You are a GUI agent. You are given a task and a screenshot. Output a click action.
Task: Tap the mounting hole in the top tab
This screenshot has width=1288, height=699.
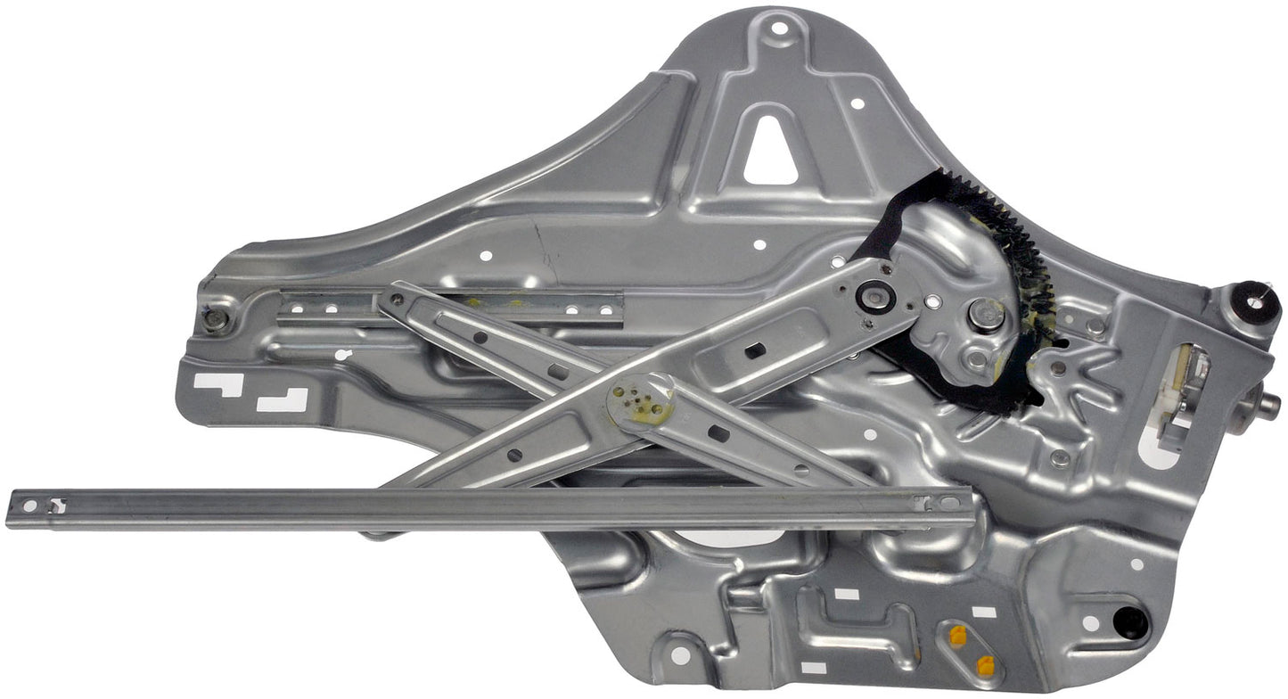(779, 29)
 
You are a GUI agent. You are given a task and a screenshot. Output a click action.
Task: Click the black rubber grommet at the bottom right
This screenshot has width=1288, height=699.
(1130, 622)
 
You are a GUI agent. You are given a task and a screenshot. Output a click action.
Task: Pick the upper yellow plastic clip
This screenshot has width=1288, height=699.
(957, 636)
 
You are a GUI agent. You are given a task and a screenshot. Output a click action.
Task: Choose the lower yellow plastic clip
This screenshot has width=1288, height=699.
(985, 665)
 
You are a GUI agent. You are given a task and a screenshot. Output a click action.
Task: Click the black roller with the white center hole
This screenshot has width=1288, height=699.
(1254, 300)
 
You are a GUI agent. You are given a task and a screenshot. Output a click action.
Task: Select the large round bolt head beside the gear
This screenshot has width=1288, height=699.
(986, 315)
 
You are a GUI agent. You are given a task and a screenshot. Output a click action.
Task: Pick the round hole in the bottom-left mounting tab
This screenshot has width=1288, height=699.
(679, 655)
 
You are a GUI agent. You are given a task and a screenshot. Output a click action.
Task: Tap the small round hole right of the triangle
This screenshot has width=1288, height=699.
(857, 104)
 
